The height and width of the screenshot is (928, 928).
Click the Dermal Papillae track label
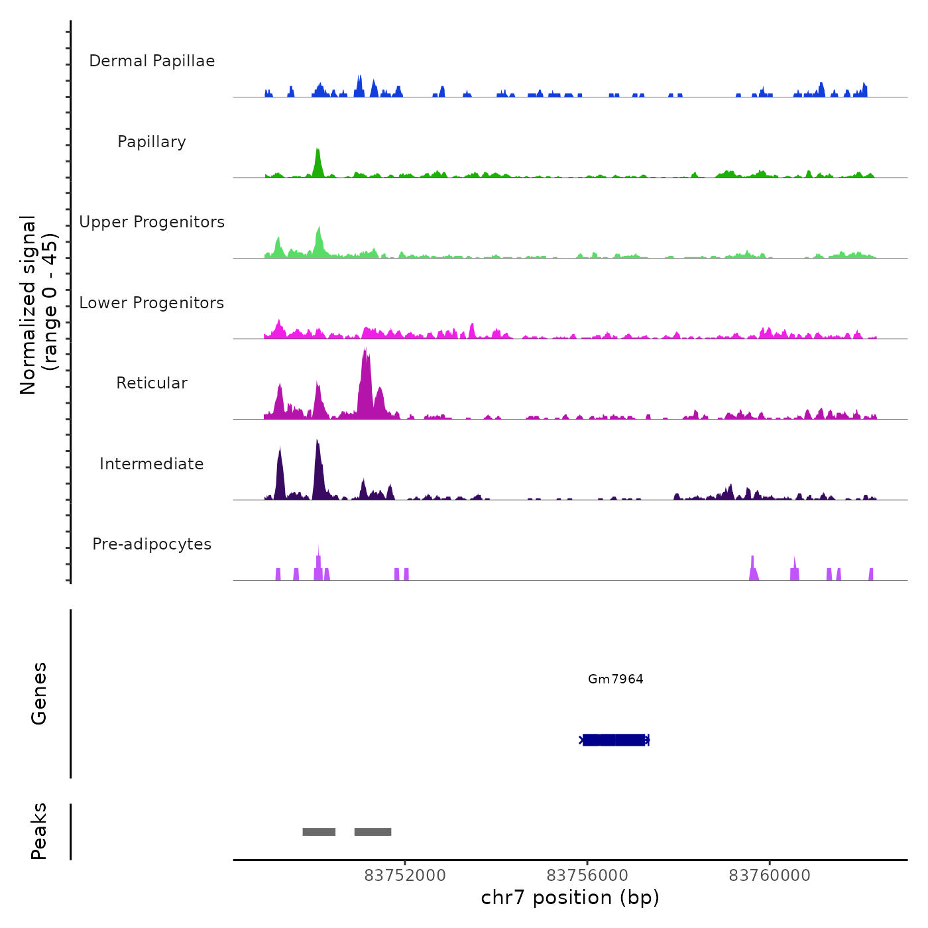click(152, 61)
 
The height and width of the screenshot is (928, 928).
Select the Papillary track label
click(152, 142)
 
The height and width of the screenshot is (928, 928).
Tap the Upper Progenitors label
click(152, 222)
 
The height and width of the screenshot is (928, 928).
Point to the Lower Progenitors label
click(152, 303)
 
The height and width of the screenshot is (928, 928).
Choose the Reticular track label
click(152, 383)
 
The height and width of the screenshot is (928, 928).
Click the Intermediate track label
click(152, 464)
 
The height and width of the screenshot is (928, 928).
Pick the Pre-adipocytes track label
click(152, 544)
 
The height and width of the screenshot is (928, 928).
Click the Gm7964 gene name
click(615, 679)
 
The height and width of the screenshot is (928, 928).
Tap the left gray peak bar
click(319, 832)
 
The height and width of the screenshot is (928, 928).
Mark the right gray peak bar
click(373, 832)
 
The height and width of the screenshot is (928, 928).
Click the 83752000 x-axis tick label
click(405, 876)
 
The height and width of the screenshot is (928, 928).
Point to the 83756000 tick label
click(587, 876)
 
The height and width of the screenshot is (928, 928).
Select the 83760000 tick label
click(770, 876)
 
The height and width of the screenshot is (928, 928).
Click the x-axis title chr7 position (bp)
click(570, 898)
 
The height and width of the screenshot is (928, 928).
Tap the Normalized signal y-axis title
click(38, 305)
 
